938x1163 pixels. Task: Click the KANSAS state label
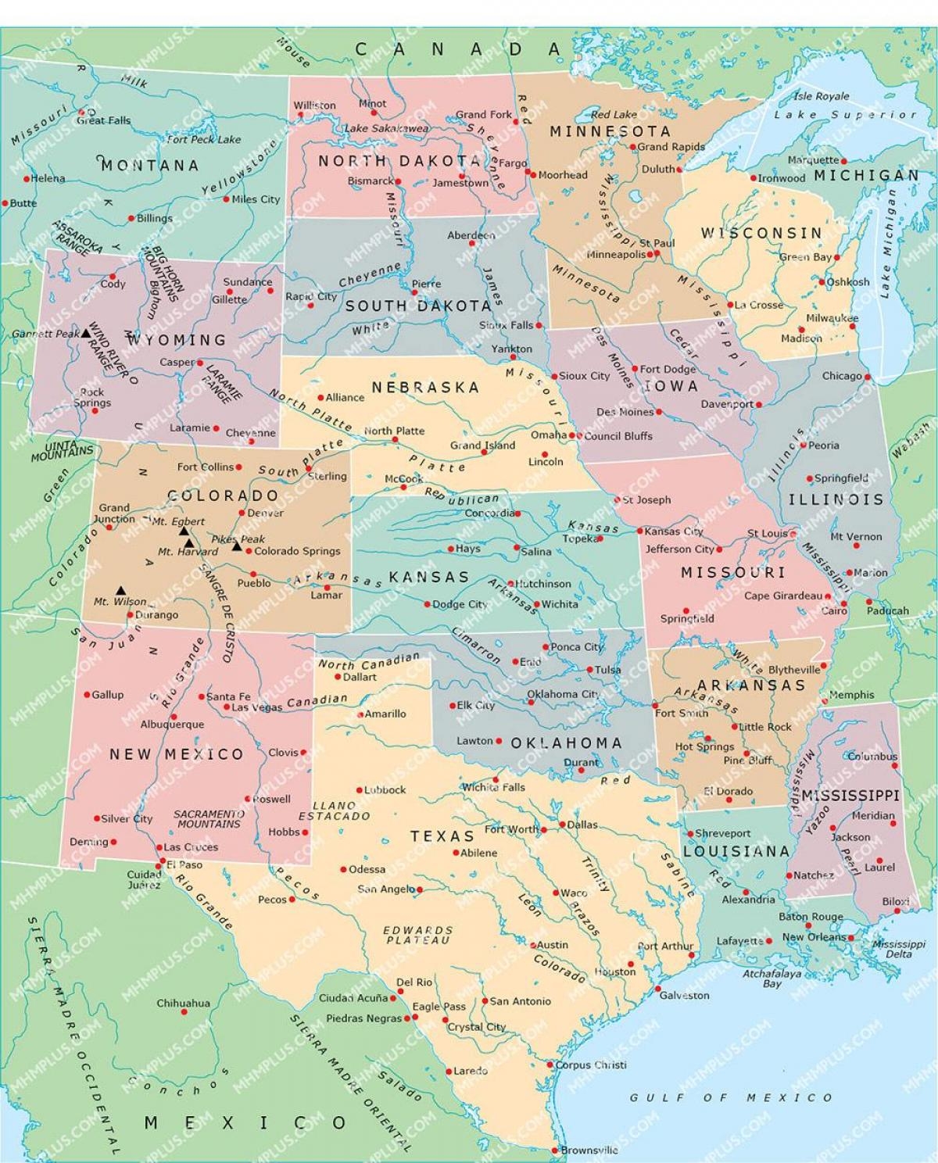pyautogui.click(x=429, y=577)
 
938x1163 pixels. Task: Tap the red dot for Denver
pyautogui.click(x=242, y=514)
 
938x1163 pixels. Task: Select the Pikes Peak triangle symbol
pyautogui.click(x=237, y=546)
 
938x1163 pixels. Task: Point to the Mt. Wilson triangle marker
pyautogui.click(x=121, y=590)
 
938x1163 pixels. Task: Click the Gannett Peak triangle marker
pyautogui.click(x=87, y=333)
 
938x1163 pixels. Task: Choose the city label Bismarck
pyautogui.click(x=371, y=181)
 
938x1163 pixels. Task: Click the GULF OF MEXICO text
pyautogui.click(x=731, y=1097)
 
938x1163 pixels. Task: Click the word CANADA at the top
pyautogui.click(x=458, y=49)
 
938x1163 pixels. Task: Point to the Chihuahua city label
pyautogui.click(x=183, y=1003)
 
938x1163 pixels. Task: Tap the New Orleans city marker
pyautogui.click(x=851, y=938)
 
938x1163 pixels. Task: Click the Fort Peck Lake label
pyautogui.click(x=204, y=139)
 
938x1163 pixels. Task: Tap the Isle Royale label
pyautogui.click(x=821, y=96)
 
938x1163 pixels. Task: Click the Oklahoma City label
pyautogui.click(x=563, y=694)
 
